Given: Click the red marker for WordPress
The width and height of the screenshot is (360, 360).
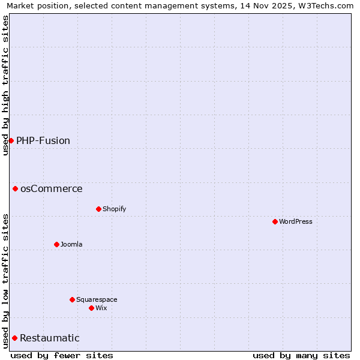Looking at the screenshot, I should point(275,221).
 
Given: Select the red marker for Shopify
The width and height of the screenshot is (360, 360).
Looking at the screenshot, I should point(98,209).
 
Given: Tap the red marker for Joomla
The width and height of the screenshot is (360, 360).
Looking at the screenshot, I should point(56,244).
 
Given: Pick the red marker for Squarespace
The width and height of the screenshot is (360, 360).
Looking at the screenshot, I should point(72,299).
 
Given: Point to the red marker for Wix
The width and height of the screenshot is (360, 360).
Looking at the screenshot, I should point(91,308).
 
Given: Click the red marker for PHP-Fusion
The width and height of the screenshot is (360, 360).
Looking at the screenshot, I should point(11,140).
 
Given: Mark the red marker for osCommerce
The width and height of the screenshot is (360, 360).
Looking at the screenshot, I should point(15,188).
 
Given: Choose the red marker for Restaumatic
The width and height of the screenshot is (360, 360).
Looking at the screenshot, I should point(14,338).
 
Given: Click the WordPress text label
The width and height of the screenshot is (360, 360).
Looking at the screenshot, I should point(295,221).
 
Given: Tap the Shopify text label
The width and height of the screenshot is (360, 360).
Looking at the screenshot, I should point(114,209).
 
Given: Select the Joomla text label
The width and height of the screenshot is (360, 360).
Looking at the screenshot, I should point(71,244).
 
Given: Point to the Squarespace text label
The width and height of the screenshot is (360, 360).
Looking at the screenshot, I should point(97,299).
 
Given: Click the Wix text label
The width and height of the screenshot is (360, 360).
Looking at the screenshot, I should point(101,308).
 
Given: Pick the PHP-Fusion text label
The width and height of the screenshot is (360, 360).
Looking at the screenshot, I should point(43,140).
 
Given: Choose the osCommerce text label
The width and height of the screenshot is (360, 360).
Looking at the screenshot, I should point(52,188).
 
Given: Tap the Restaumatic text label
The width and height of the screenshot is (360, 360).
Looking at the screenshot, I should point(50,338).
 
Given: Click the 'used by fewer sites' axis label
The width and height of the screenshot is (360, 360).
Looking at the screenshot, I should point(62,355).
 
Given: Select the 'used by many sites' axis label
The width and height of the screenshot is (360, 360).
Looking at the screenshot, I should point(301,355).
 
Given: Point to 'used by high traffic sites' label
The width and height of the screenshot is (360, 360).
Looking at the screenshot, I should point(5,85).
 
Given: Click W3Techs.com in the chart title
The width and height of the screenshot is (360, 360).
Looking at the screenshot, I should point(328,5).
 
